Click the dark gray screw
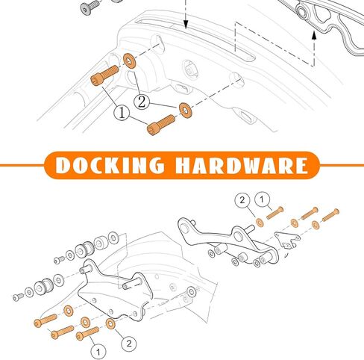click(90, 7)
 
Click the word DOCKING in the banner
click(110, 165)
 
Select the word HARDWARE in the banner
click(242, 165)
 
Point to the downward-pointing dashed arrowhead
click(186, 24)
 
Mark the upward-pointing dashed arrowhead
click(314, 35)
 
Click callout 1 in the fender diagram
click(122, 114)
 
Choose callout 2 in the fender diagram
click(142, 102)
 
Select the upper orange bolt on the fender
click(104, 75)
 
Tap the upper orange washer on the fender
click(130, 60)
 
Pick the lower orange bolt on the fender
click(161, 125)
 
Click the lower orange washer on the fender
click(186, 110)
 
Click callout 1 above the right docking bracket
click(263, 199)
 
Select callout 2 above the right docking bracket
click(242, 200)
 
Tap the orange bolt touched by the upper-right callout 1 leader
click(275, 213)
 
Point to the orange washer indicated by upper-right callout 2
click(260, 223)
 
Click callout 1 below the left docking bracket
click(98, 352)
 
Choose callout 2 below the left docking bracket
click(129, 344)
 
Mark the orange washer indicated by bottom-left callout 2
click(110, 323)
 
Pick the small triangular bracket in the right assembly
click(286, 239)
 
